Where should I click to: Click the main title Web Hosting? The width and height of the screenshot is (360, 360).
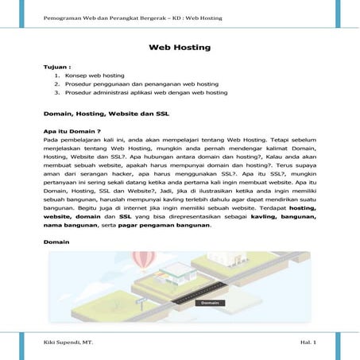click(180, 48)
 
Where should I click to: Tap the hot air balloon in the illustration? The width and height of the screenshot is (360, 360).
click(144, 259)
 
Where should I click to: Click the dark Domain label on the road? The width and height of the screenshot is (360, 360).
click(210, 303)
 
